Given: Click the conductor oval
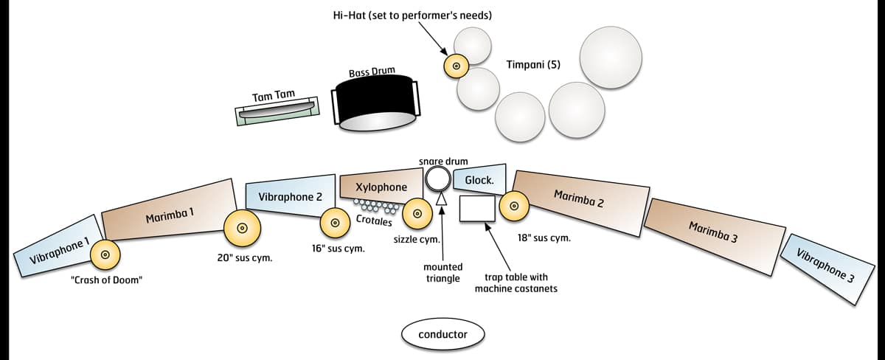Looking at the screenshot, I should pos(442,334).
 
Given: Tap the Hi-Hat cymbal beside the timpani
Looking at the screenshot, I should pos(456,66).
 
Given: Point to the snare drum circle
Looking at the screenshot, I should pos(438,178).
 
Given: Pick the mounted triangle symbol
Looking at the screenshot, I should pos(441,198).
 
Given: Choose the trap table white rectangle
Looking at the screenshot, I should pos(477,208).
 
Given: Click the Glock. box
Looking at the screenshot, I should pos(479,180).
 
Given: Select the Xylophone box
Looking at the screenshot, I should pos(381,187).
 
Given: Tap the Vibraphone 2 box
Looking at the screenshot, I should pos(290,196).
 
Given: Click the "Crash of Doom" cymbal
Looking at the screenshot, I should pos(105,255).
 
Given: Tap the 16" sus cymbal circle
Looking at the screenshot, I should pos(335,222).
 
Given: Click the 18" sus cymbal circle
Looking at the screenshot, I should pos(514,206).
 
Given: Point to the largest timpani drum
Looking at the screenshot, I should pos(611,57).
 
